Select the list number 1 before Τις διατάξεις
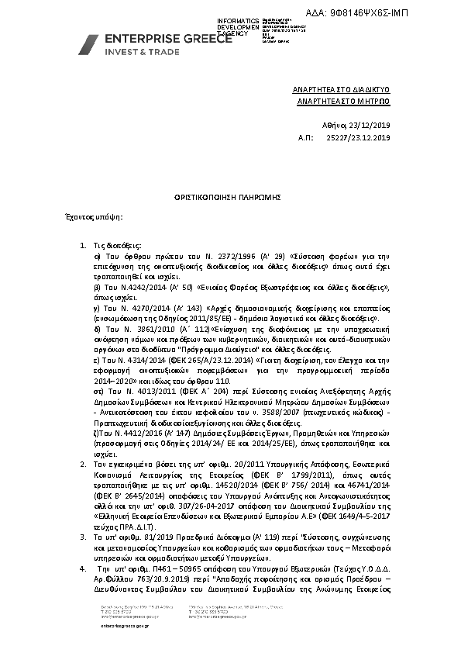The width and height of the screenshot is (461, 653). point(83,245)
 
